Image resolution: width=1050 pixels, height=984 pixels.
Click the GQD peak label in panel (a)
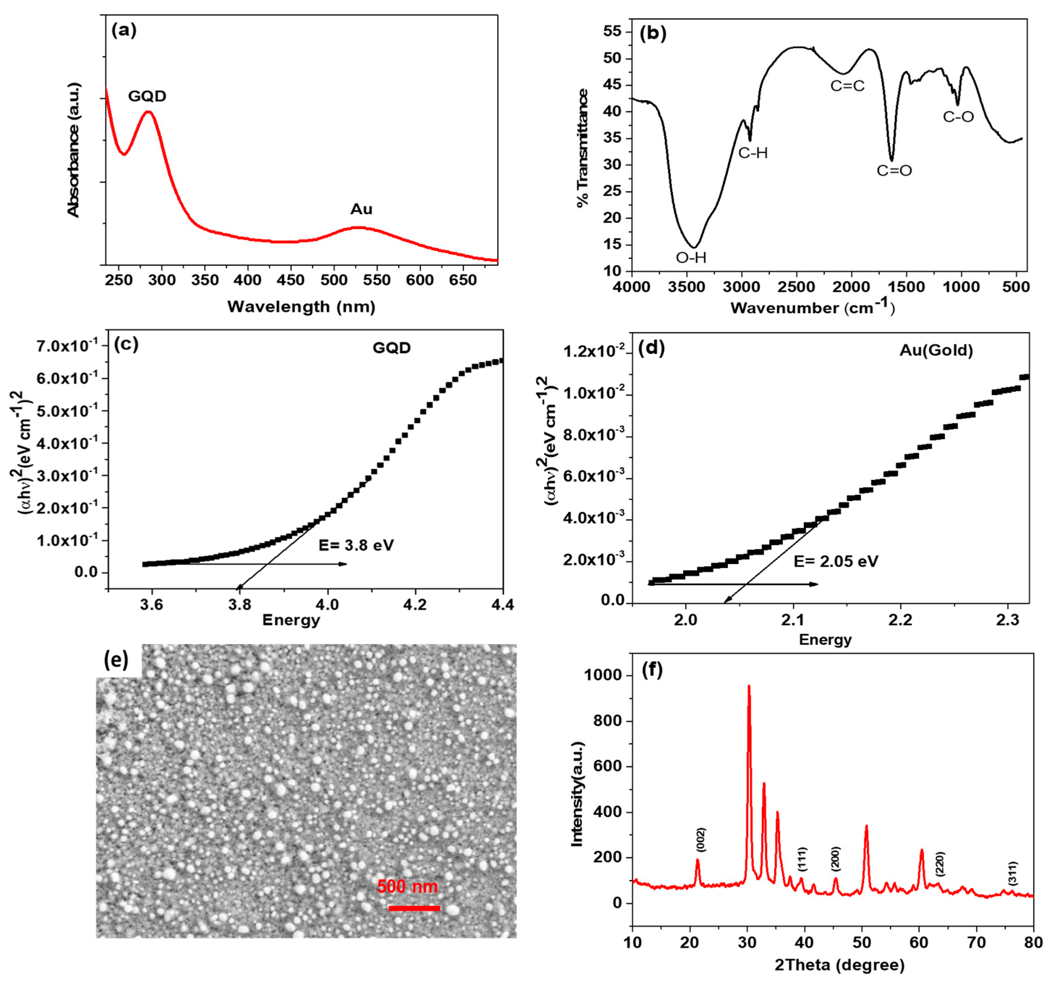point(147,96)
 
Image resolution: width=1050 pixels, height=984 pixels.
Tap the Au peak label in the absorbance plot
point(361,209)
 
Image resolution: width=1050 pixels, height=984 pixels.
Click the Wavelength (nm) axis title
point(301,307)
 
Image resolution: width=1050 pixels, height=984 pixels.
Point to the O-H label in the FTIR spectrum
point(691,258)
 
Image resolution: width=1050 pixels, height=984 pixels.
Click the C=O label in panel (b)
point(894,170)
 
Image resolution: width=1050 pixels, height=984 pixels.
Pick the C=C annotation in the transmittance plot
point(847,85)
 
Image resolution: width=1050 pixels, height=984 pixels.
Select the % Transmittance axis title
point(583,148)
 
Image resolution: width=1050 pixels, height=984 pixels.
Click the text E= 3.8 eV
point(356,545)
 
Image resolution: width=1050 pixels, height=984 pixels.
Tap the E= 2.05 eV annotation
point(836,561)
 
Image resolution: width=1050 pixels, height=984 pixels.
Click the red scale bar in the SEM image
point(414,908)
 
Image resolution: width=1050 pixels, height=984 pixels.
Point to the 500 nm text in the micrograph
point(407,886)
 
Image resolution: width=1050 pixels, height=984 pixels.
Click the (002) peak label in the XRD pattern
point(701,839)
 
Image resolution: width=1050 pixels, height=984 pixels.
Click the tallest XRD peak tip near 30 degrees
point(748,687)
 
